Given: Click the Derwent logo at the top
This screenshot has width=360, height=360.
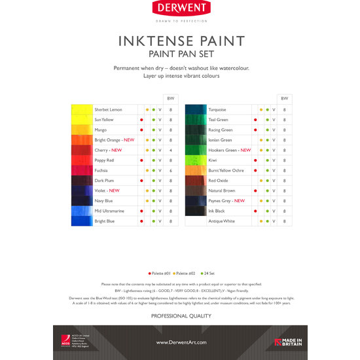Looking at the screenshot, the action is tap(179, 9).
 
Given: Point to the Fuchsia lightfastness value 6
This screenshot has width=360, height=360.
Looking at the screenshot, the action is tap(171, 170).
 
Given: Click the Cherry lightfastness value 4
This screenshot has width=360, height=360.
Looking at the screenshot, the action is tap(171, 150).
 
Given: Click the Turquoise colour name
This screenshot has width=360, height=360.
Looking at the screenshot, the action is tap(217, 109).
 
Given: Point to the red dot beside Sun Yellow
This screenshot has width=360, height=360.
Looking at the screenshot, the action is tap(141, 120).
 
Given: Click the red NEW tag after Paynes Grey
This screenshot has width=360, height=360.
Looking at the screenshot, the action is tap(240, 201).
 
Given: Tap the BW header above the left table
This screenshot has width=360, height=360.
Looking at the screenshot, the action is tap(171, 98).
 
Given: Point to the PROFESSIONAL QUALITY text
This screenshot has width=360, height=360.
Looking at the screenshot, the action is tap(179, 315).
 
